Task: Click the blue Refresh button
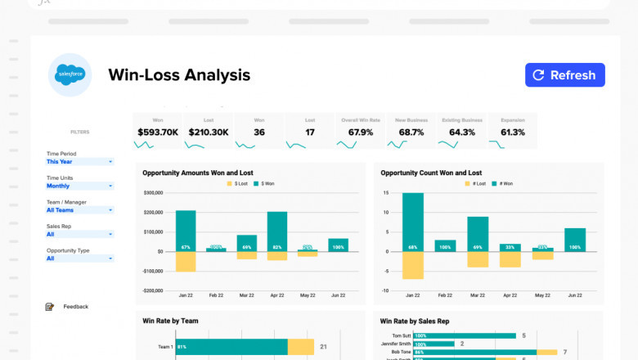(x=564, y=75)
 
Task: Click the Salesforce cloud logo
(x=70, y=75)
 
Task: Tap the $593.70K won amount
(x=158, y=132)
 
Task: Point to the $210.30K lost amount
(x=208, y=132)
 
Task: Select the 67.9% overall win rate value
(x=360, y=132)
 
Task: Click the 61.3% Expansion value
(x=512, y=132)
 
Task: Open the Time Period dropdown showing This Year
(x=79, y=162)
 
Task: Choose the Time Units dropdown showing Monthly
(x=79, y=186)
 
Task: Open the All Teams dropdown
(x=79, y=210)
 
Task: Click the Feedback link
(x=75, y=307)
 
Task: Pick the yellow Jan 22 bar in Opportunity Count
(x=413, y=265)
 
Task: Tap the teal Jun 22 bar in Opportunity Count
(x=575, y=239)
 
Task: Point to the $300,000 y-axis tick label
(x=152, y=193)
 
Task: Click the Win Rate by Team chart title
(x=170, y=321)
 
